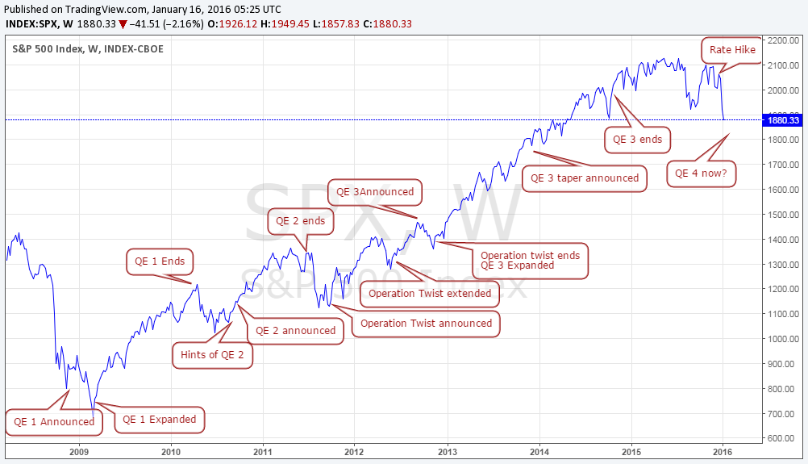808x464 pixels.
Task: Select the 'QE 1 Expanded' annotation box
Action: coord(159,420)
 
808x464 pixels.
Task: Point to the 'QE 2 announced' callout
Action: coord(295,330)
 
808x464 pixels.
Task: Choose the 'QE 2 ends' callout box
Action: coord(300,220)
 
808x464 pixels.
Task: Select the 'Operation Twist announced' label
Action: coord(426,324)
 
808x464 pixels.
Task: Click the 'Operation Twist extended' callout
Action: coord(430,293)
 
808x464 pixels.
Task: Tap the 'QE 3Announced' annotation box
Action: coord(375,192)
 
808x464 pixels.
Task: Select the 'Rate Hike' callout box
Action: coord(732,50)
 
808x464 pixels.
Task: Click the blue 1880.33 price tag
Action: coord(783,120)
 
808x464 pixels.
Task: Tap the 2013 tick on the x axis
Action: coord(448,451)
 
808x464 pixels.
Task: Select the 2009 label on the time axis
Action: coord(78,451)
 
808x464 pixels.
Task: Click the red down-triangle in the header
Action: coord(123,24)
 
